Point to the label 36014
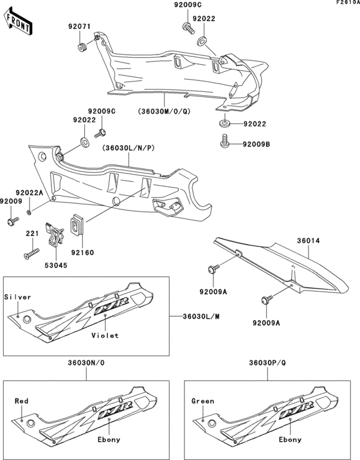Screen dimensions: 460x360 pos(308,242)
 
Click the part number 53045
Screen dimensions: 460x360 pos(55,263)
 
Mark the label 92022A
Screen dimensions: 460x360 pos(29,192)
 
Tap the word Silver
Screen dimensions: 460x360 pos(17,297)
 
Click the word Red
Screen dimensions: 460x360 pos(21,400)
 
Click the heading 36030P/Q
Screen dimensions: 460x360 pos(269,364)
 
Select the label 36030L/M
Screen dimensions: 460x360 pos(201,316)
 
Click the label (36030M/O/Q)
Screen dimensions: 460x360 pos(164,110)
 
